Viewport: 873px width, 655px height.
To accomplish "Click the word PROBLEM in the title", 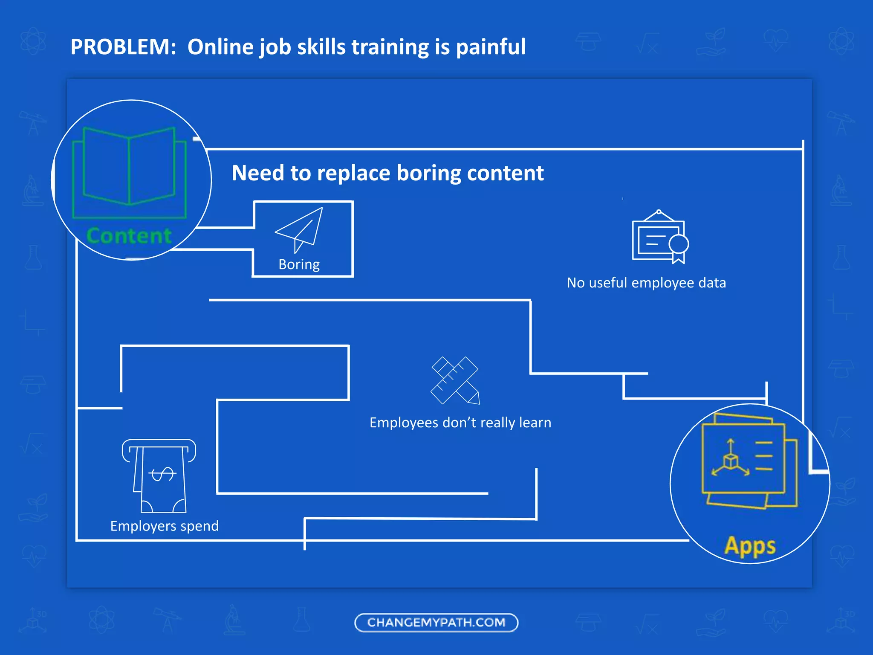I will (123, 47).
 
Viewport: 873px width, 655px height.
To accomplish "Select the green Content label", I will (129, 236).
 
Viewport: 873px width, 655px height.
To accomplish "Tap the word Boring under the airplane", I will (299, 265).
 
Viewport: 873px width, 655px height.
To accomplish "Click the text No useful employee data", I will (646, 283).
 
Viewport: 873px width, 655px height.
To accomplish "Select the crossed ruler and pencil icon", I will (455, 380).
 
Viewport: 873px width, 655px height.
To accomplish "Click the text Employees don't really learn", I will (460, 423).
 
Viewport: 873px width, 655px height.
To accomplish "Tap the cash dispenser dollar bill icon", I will (159, 475).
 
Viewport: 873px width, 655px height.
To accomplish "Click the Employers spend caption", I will (165, 526).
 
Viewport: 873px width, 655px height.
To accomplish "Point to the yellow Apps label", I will (750, 546).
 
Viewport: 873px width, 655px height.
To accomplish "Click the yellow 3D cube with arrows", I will (731, 461).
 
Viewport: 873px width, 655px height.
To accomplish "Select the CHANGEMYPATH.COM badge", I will (436, 623).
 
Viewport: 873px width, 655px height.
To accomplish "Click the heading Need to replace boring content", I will (387, 173).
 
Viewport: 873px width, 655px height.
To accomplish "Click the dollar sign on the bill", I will (162, 473).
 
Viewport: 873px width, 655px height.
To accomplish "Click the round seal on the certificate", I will (679, 244).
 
